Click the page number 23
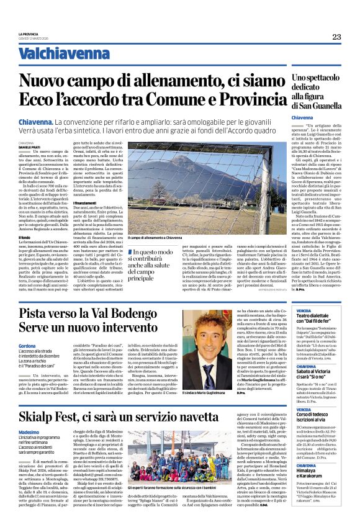click(x=336, y=37)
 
